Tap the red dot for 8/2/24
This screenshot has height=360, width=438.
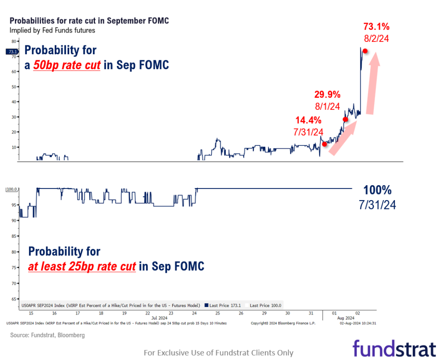(x=365, y=51)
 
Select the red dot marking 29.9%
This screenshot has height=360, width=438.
(x=345, y=119)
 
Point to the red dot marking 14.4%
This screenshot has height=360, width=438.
(x=324, y=144)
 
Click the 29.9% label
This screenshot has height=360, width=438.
(x=327, y=94)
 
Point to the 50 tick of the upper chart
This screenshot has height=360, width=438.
(x=13, y=87)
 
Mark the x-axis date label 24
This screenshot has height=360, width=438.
(x=194, y=313)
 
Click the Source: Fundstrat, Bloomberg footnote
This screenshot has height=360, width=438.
(x=47, y=335)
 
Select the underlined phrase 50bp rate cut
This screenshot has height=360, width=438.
(x=67, y=65)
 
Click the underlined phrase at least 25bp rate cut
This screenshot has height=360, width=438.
(x=82, y=266)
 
